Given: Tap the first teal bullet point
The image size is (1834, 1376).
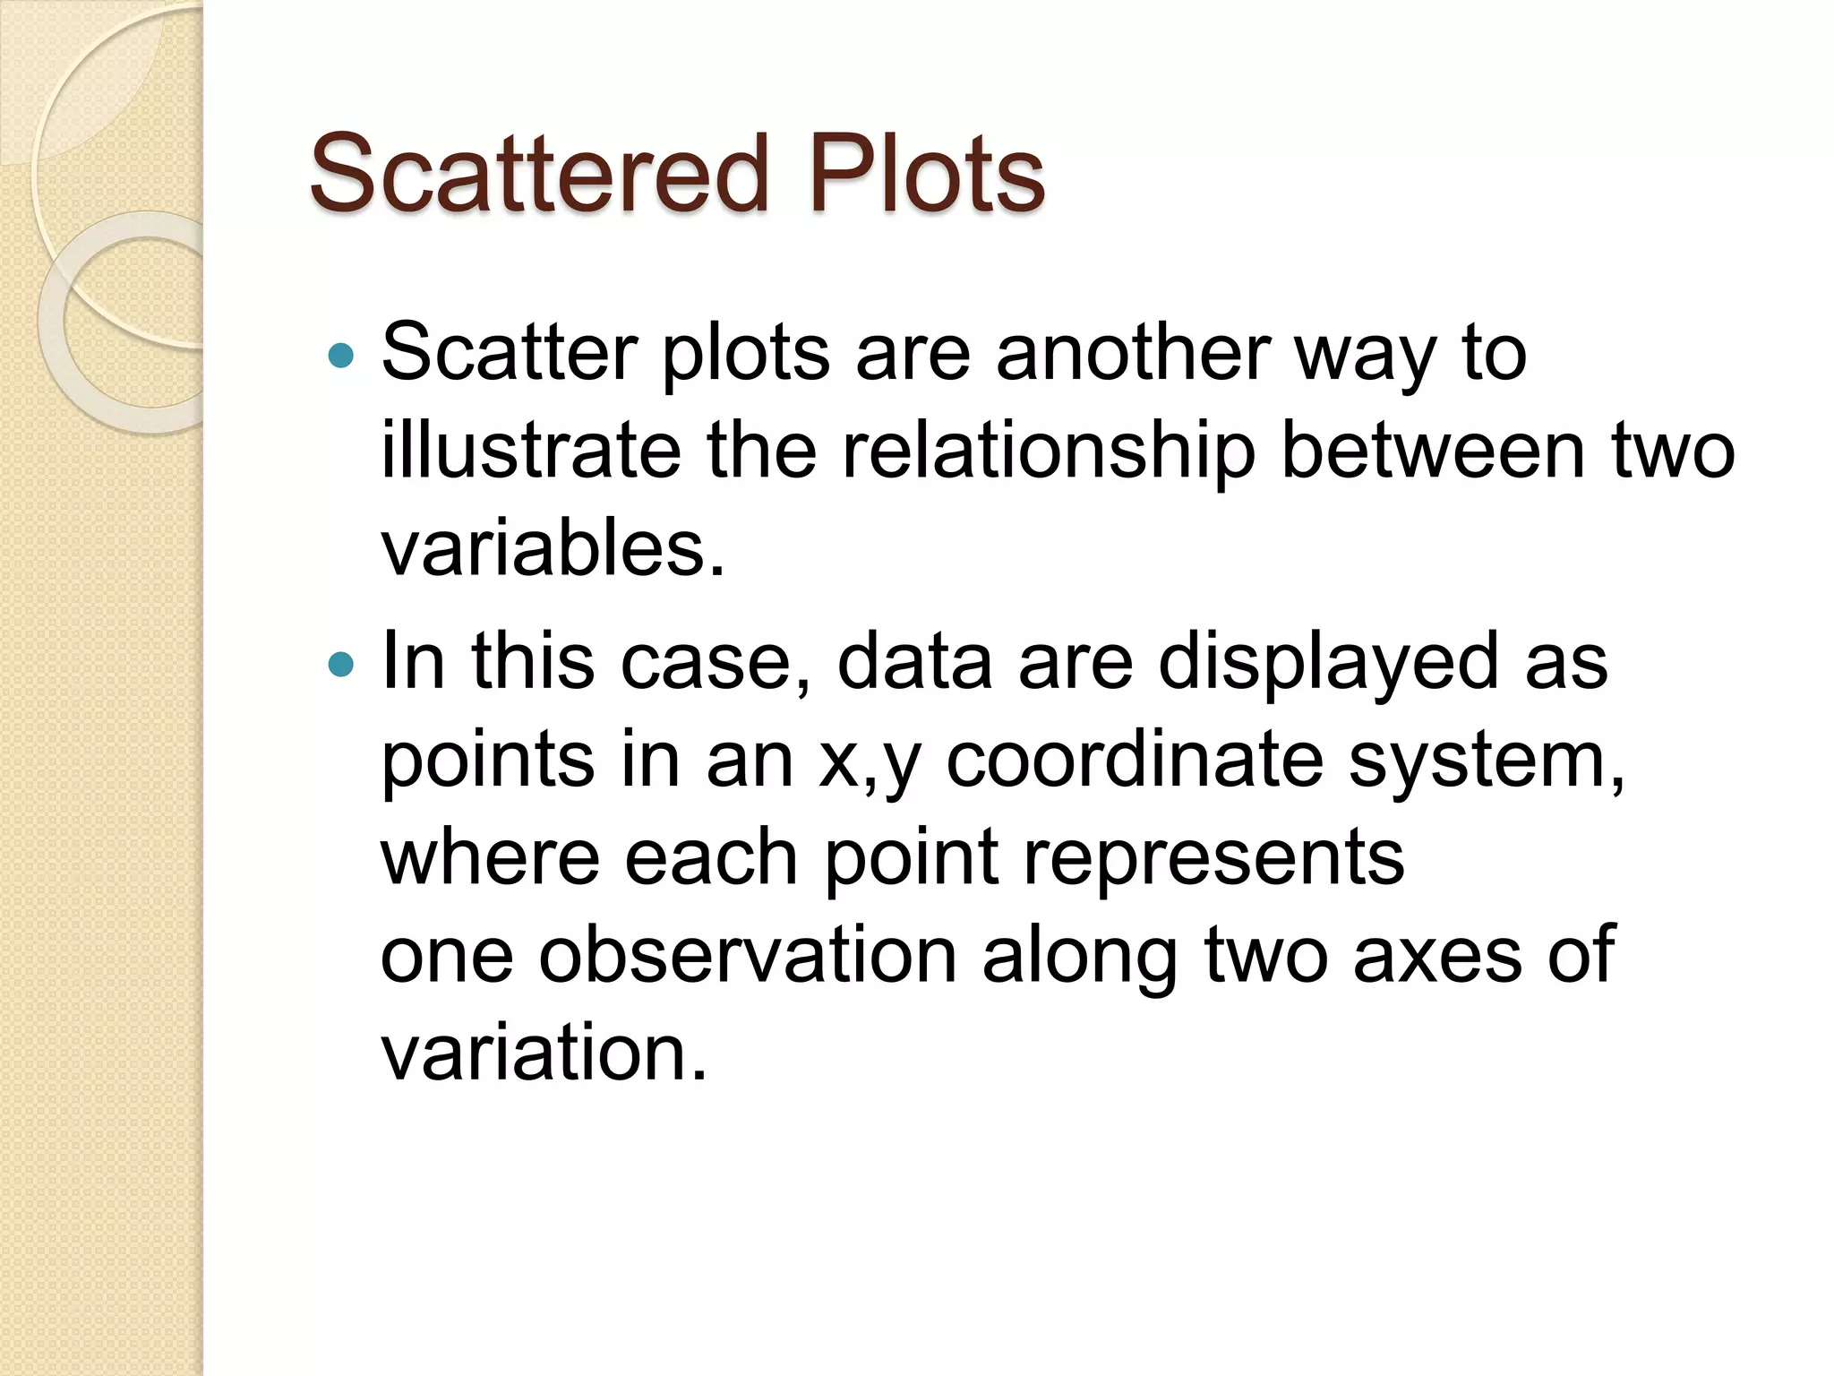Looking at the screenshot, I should pyautogui.click(x=341, y=357).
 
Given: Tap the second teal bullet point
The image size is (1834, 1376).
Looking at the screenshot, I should pyautogui.click(x=341, y=665).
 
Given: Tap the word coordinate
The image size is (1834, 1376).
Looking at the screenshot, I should pyautogui.click(x=1134, y=761).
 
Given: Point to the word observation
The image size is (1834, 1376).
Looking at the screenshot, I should pyautogui.click(x=748, y=956).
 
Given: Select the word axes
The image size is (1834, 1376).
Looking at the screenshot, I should pyautogui.click(x=1436, y=956).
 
